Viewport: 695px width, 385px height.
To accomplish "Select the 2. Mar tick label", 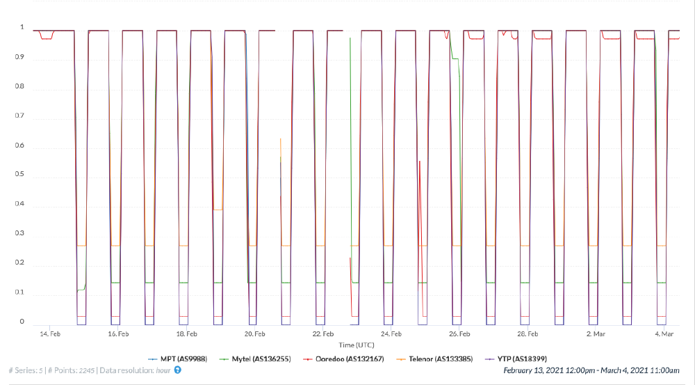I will click(597, 334).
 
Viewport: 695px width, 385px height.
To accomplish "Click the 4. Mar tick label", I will click(665, 334).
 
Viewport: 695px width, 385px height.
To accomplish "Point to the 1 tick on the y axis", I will click(22, 28).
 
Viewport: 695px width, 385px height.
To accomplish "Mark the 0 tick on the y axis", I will click(22, 322).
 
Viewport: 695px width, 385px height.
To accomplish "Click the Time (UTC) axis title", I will click(358, 345).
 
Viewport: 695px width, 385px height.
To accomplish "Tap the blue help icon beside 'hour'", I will click(177, 370).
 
